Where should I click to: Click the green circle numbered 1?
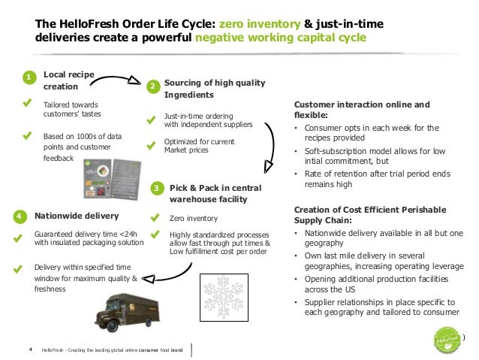[x=28, y=78]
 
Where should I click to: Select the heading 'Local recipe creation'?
[x=69, y=81]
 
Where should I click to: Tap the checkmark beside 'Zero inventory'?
[x=155, y=218]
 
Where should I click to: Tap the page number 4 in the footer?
[x=30, y=349]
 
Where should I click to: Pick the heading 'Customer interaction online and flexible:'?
[x=362, y=110]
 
